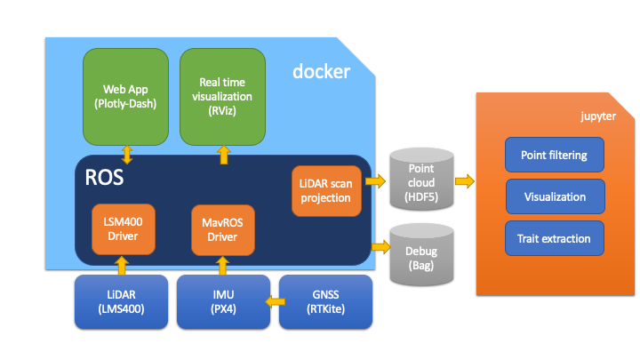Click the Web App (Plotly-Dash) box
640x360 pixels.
click(x=124, y=97)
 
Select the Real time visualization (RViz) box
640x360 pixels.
click(x=222, y=97)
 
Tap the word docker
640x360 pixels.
click(x=321, y=71)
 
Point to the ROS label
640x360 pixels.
click(x=104, y=177)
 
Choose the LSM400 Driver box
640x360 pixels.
click(x=124, y=228)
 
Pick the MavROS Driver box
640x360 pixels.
click(x=222, y=228)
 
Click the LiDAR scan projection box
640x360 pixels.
click(x=326, y=190)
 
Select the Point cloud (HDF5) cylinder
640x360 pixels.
click(x=420, y=181)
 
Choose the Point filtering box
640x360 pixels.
click(x=555, y=155)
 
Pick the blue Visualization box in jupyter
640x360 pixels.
click(x=555, y=196)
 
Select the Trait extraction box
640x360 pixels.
click(x=555, y=238)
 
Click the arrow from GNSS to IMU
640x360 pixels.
click(x=271, y=300)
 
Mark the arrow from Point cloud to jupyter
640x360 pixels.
click(x=465, y=181)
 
